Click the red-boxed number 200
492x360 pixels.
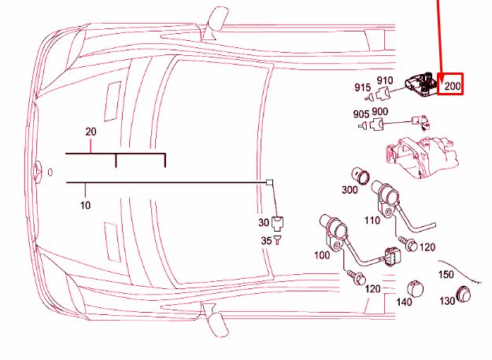(x=452, y=86)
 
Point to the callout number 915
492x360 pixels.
(x=362, y=87)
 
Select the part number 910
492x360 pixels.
(x=384, y=80)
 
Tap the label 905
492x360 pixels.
(x=361, y=114)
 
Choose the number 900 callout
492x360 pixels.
(x=379, y=112)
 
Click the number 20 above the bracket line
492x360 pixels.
(x=91, y=131)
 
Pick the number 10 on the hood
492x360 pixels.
(x=85, y=205)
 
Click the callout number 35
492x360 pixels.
(x=266, y=240)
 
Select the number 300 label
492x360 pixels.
(x=349, y=190)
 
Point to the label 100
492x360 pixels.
(x=322, y=256)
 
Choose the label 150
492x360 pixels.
(x=446, y=274)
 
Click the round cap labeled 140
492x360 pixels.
(x=416, y=287)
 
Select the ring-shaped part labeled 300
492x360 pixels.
(x=362, y=174)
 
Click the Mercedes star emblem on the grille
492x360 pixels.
(x=36, y=171)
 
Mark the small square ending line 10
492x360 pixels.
(x=270, y=182)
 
